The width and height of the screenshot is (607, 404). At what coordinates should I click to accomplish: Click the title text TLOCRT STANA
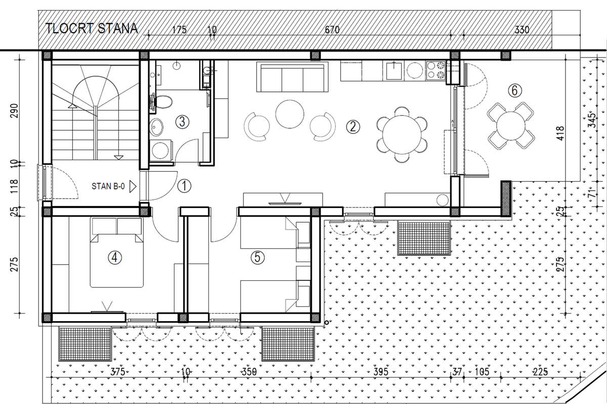(92, 28)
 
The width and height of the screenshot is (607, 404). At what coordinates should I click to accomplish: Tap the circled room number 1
(185, 186)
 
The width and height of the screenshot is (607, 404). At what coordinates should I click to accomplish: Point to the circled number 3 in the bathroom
(183, 121)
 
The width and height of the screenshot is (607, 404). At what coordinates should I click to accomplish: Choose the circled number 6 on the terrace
(514, 91)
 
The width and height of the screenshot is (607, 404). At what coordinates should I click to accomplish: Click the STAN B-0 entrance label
(108, 186)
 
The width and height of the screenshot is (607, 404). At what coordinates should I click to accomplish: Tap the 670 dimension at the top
(331, 30)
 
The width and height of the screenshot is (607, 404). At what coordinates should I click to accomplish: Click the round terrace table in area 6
(511, 125)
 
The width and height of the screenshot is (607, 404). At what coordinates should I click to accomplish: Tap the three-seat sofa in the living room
(292, 77)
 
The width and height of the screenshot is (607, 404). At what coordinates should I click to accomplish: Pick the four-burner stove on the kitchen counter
(436, 71)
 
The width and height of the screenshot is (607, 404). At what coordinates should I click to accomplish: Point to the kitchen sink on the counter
(394, 71)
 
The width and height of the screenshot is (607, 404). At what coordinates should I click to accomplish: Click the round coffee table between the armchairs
(289, 114)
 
